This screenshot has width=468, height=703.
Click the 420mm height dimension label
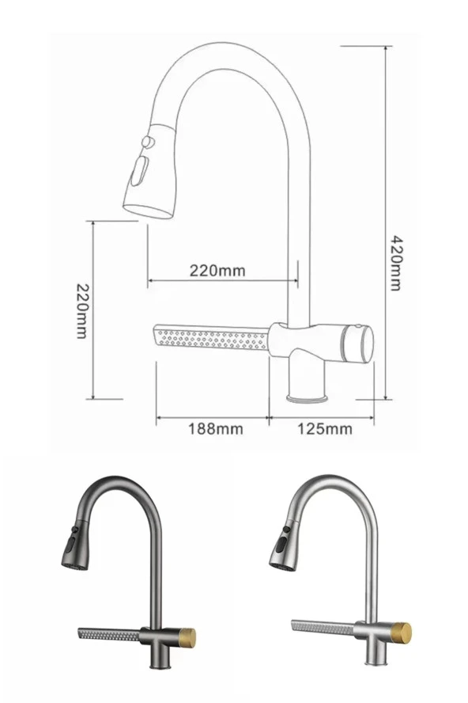tap(395, 262)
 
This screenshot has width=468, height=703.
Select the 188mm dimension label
tap(215, 428)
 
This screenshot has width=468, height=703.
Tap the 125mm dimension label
tap(325, 428)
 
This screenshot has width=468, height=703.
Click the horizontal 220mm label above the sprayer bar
tap(217, 270)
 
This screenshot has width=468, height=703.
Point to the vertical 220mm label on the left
tap(81, 310)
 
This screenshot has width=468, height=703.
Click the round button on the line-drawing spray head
tap(147, 142)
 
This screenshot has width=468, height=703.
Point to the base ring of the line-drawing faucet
tap(308, 397)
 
